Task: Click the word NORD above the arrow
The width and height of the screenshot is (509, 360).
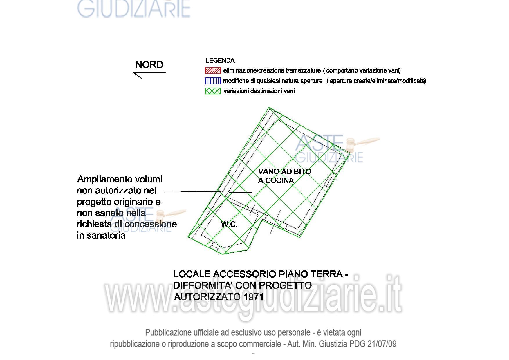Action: (x=149, y=65)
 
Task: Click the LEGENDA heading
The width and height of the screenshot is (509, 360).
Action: (x=220, y=61)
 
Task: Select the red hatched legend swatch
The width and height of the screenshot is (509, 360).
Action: (x=213, y=70)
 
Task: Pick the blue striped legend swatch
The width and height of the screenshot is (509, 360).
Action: (x=213, y=81)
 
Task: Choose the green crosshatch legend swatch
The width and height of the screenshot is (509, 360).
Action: (x=213, y=91)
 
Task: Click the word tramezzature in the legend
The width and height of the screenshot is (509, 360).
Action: (x=303, y=70)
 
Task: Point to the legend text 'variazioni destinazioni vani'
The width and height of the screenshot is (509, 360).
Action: (x=259, y=91)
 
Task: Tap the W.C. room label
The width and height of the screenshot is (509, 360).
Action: (x=229, y=224)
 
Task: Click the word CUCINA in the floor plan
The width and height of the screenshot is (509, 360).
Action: (x=280, y=180)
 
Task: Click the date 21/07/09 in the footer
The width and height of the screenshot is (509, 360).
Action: (x=382, y=344)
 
